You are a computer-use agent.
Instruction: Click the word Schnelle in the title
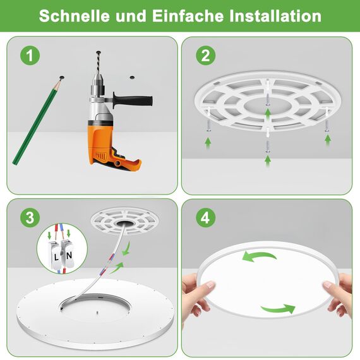(x=69, y=16)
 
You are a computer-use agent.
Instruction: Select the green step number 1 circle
(x=27, y=56)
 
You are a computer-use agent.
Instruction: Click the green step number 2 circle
(x=203, y=56)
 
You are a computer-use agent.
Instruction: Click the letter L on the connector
(x=57, y=258)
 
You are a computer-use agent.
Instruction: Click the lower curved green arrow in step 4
(x=278, y=309)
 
